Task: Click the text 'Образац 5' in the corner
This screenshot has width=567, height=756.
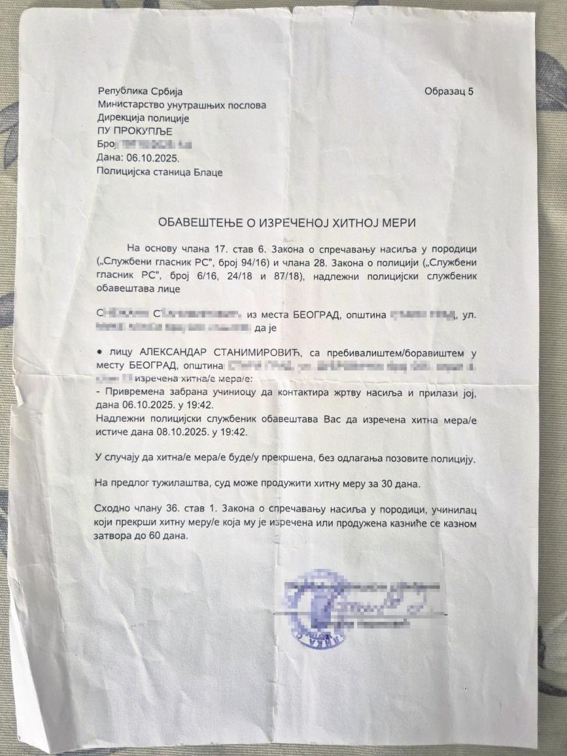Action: tap(449, 91)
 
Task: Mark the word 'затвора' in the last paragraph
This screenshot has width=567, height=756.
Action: tap(114, 536)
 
